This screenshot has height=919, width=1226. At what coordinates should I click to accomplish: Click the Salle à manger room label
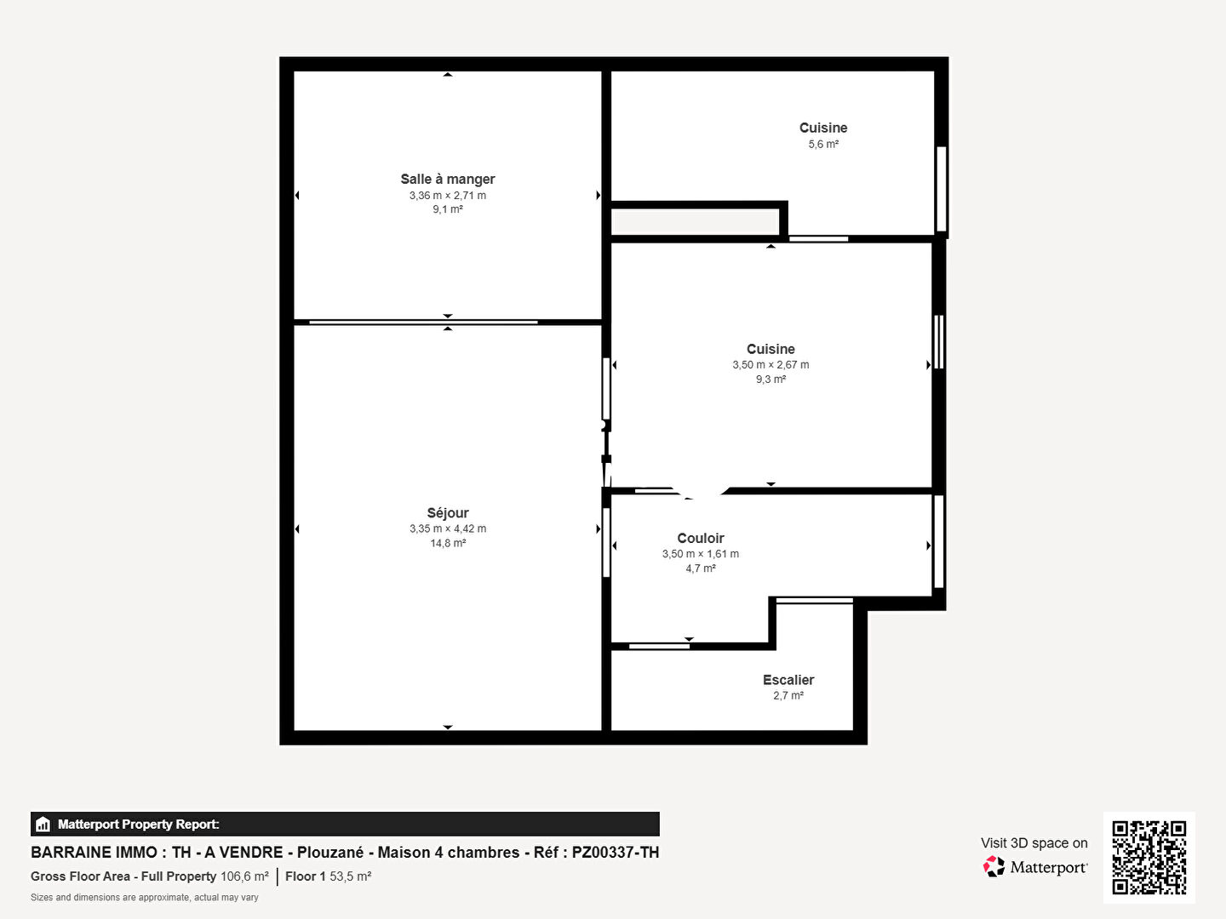click(447, 179)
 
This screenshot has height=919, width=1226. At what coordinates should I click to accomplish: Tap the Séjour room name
click(447, 513)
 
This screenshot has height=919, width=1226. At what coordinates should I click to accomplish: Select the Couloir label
click(701, 538)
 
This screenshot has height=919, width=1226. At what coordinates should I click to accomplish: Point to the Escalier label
click(788, 680)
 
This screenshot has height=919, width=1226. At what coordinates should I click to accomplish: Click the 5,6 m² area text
click(823, 144)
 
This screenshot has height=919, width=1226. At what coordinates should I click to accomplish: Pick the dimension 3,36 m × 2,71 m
click(447, 196)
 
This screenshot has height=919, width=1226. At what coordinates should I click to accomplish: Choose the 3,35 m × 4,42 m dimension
click(447, 528)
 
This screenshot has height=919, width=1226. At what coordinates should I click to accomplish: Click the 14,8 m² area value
click(447, 543)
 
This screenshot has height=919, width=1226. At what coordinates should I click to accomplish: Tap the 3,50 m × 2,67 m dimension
click(771, 364)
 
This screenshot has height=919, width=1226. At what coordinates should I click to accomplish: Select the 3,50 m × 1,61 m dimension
click(701, 553)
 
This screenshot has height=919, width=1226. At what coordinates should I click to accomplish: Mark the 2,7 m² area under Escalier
click(788, 695)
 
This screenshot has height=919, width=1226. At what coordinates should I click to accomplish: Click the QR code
click(1149, 858)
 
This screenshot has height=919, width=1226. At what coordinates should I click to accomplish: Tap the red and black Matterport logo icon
click(994, 866)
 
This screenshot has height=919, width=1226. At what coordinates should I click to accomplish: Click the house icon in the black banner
click(43, 825)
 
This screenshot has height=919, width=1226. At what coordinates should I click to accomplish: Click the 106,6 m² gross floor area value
click(244, 876)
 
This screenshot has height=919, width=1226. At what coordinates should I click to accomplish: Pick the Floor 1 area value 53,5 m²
click(350, 876)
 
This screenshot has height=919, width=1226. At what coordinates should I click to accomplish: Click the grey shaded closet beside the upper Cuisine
click(696, 221)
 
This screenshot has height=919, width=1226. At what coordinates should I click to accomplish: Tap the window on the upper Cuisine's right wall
click(941, 189)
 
